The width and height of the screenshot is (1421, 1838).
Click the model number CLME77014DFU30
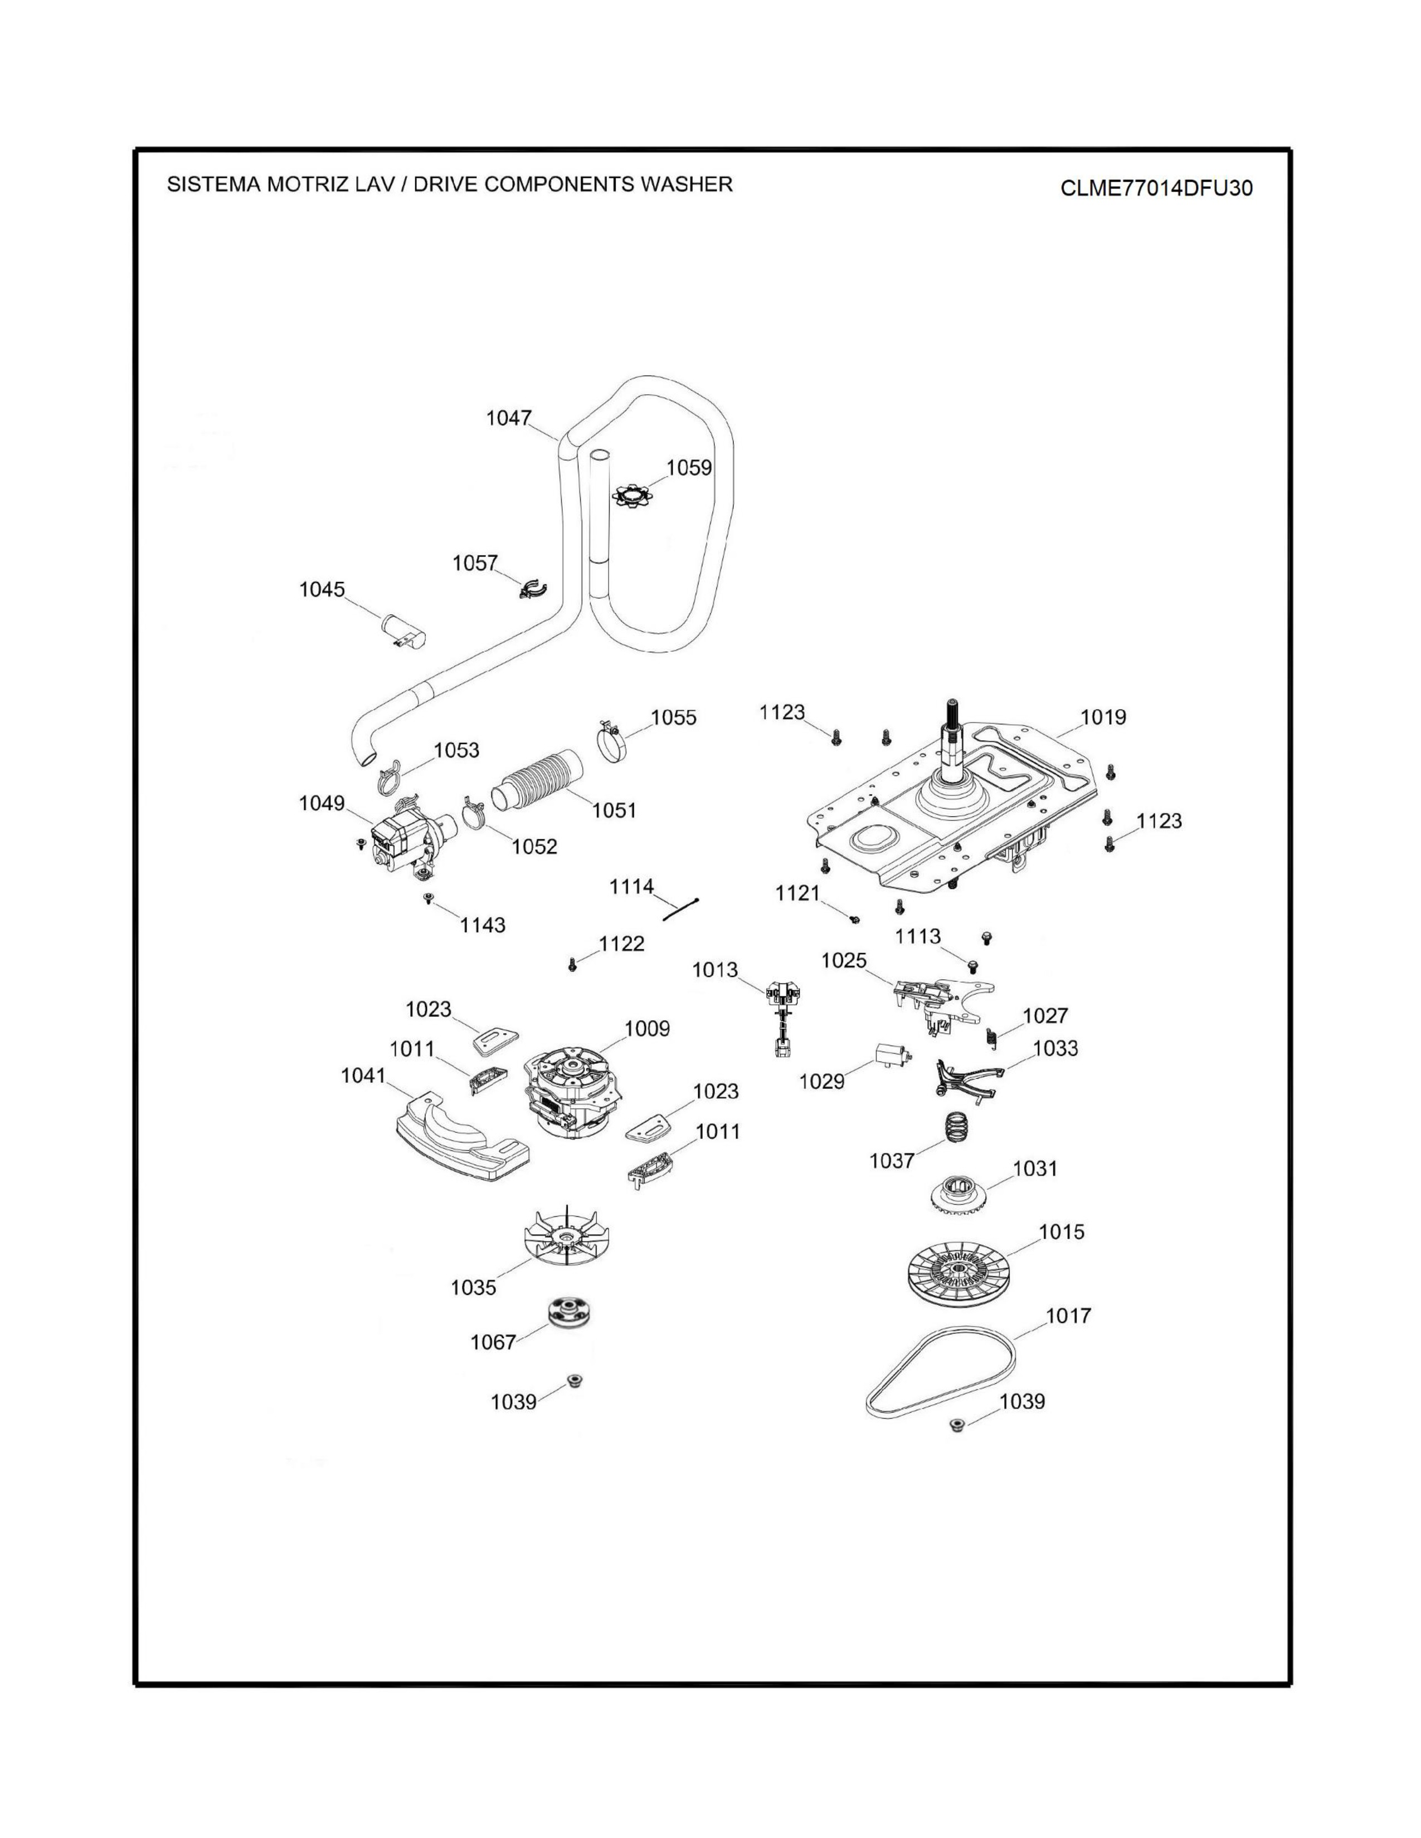1156,188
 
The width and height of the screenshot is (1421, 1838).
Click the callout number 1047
508,418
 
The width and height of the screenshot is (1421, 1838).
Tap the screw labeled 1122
572,965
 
